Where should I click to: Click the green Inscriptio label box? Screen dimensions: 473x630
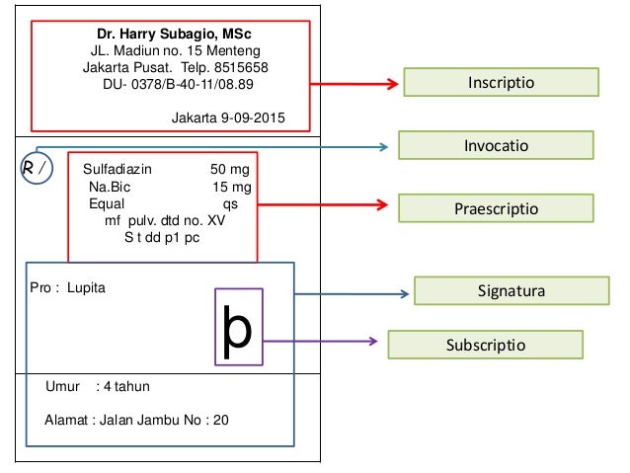[x=501, y=82]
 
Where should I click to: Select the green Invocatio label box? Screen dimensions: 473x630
[x=496, y=145]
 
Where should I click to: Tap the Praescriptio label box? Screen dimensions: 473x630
[x=496, y=208]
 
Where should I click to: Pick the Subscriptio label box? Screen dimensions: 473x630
[x=485, y=345]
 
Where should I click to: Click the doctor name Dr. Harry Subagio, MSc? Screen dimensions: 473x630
[x=173, y=34]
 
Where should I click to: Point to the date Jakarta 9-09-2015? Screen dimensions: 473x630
[x=228, y=118]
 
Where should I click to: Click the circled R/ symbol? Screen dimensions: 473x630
[x=35, y=169]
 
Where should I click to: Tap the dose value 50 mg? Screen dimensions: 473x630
[x=231, y=170]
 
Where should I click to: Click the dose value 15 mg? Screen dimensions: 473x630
[x=232, y=187]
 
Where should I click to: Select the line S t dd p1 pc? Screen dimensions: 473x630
[x=162, y=238]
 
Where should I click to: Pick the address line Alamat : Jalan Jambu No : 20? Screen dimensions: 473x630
[x=136, y=420]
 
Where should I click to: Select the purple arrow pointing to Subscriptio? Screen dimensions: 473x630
[x=321, y=342]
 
